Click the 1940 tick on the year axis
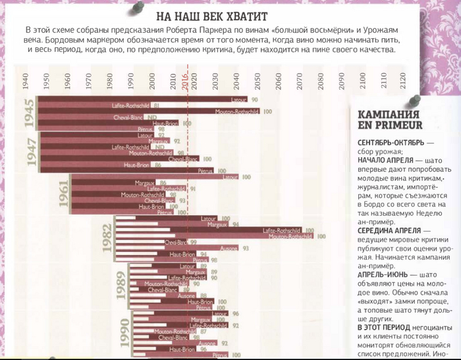(x=24, y=82)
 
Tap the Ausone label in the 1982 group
(x=230, y=249)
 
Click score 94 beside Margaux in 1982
(x=235, y=224)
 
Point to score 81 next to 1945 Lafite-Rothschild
(x=155, y=105)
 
